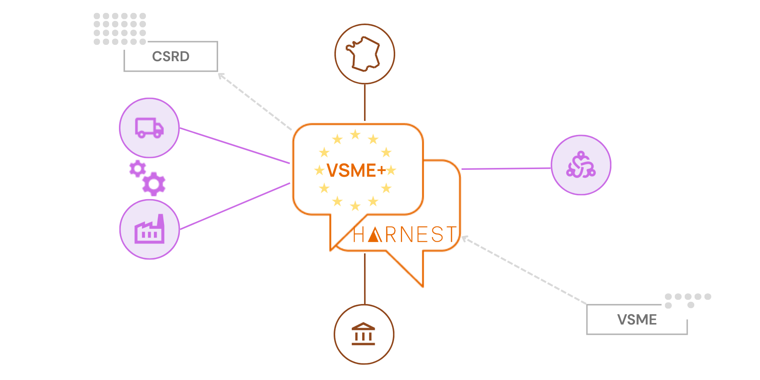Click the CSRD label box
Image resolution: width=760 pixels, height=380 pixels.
171,56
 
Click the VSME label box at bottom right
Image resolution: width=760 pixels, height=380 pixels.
637,320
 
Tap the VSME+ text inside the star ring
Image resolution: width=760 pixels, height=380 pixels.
356,170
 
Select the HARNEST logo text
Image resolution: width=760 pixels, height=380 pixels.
405,234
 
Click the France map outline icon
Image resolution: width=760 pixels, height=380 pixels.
364,54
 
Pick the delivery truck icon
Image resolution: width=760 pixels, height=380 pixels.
149,128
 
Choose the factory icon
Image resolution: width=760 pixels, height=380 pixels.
149,229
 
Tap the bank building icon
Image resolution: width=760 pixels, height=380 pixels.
363,334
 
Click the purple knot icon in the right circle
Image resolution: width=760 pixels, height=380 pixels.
581,165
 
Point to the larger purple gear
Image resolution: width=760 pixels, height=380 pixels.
154,184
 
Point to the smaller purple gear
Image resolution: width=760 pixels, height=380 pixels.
137,168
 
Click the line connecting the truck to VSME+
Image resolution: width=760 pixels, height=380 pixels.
234,146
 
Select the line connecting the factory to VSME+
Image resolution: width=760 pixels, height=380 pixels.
234,206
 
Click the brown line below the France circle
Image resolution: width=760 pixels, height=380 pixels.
365,103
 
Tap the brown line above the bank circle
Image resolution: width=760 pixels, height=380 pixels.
365,279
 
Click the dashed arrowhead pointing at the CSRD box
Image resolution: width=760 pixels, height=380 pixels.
221,76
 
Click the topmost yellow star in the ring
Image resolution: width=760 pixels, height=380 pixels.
355,134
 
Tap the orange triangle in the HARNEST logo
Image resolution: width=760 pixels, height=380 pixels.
375,235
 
